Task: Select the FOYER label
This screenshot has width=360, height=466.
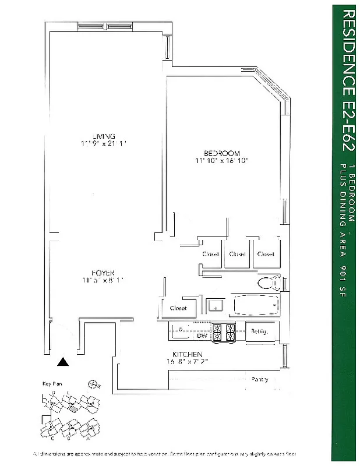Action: click(102, 273)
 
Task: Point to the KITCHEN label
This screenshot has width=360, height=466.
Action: click(187, 354)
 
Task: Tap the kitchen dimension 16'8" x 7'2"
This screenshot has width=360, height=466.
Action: click(188, 362)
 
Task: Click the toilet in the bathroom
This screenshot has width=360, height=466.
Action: click(269, 283)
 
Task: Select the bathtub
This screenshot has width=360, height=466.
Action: click(256, 304)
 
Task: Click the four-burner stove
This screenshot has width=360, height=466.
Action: click(223, 332)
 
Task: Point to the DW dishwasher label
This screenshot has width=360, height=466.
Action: click(202, 336)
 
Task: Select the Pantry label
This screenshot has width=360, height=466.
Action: click(260, 379)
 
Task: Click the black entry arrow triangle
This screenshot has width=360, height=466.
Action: click(63, 362)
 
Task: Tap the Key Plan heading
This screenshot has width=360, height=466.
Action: click(52, 384)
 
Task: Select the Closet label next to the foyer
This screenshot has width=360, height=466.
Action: click(178, 308)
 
